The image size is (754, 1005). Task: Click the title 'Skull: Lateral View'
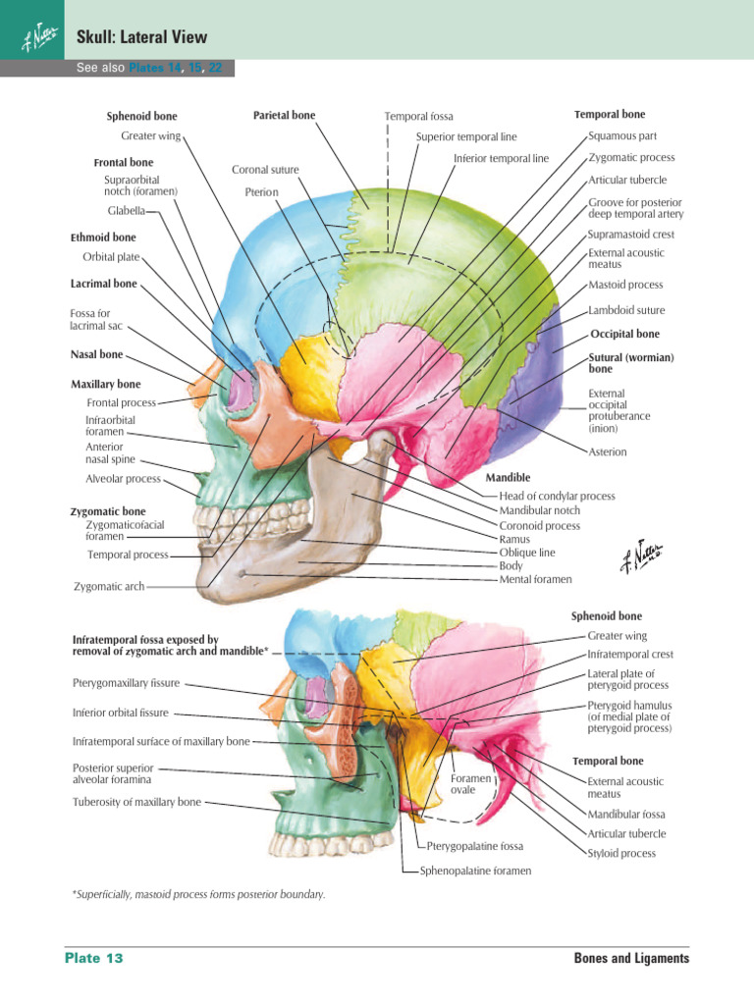(141, 37)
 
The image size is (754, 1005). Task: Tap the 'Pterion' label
(262, 192)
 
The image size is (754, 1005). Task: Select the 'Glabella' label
(127, 211)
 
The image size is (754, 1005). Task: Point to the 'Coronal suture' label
(265, 170)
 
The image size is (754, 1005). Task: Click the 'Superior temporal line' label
(466, 137)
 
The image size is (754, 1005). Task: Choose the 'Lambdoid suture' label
(626, 310)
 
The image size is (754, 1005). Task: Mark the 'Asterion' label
(608, 452)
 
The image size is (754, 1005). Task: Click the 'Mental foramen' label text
(535, 580)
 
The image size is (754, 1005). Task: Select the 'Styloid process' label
(621, 854)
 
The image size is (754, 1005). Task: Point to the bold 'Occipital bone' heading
(625, 334)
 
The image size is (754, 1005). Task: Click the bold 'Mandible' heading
(508, 477)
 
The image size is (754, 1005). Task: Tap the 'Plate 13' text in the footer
(94, 958)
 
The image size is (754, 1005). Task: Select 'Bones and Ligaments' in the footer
(631, 958)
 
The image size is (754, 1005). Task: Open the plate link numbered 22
(227, 69)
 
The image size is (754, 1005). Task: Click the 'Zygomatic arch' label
(109, 587)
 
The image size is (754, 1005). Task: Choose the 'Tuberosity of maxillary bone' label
(136, 802)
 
